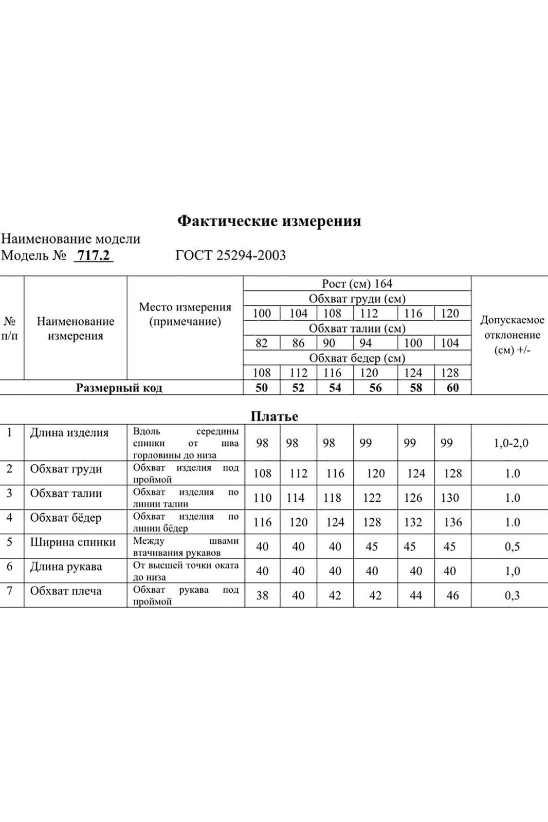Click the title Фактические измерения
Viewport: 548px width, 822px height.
point(269,221)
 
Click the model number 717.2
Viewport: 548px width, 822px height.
point(94,255)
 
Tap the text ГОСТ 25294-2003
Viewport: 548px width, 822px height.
point(230,255)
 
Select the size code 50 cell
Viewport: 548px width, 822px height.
point(262,388)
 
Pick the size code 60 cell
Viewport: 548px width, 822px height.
point(452,388)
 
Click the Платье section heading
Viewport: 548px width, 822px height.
point(274,416)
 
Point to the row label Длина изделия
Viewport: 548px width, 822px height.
point(69,432)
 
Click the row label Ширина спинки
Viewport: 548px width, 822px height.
point(72,542)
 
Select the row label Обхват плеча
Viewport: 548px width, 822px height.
point(66,591)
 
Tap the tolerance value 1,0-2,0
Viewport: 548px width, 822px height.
point(511,443)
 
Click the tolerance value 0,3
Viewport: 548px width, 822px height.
point(512,595)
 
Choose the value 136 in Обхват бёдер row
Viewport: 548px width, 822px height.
point(452,522)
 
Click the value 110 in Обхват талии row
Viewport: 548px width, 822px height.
point(262,498)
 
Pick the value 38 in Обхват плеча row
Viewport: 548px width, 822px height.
point(262,595)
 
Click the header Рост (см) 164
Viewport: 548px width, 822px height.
point(357,284)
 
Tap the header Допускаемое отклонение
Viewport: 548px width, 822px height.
point(512,335)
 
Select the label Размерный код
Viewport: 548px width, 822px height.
point(119,388)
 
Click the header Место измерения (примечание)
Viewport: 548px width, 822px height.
point(185,314)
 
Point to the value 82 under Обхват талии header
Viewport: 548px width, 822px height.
point(262,343)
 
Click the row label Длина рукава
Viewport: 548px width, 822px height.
point(66,567)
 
